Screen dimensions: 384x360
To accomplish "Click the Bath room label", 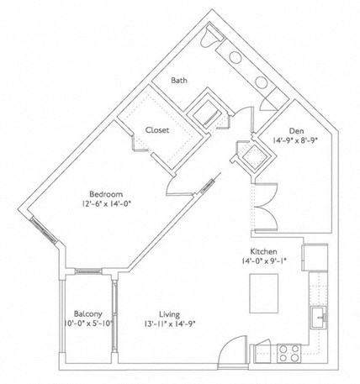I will pos(179,81).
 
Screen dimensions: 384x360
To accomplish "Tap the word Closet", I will pos(157,130).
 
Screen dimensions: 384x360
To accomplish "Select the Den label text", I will pos(295,130).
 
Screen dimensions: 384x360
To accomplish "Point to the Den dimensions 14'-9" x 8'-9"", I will pos(295,142).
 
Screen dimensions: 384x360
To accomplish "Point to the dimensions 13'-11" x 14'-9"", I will pos(161,322).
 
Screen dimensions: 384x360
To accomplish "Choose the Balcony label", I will pos(87,310).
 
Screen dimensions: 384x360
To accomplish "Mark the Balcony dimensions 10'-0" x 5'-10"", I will pos(87,322).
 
